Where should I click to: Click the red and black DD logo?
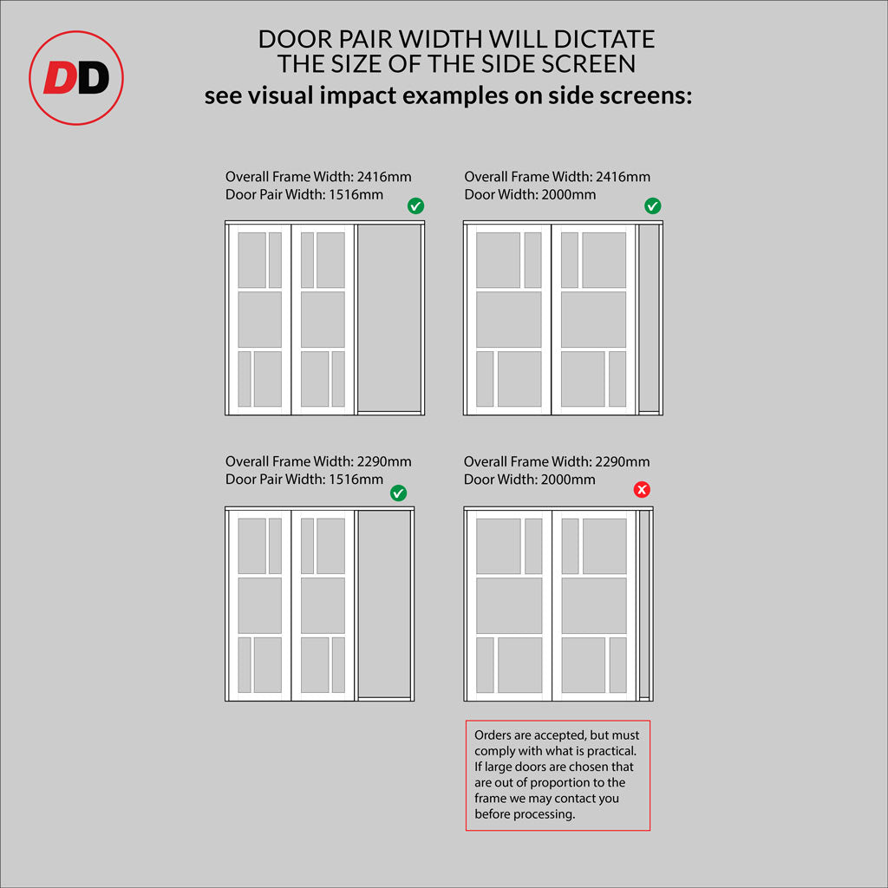coord(76,77)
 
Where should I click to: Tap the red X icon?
coord(642,489)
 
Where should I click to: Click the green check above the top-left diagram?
coord(415,206)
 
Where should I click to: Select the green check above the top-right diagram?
coord(652,206)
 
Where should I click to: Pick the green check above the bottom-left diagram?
coord(398,493)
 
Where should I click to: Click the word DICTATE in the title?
coord(604,39)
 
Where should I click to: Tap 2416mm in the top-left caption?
coord(384,177)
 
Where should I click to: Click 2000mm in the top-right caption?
coord(569,195)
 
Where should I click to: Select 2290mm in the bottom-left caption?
coord(384,461)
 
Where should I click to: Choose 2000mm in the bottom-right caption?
coord(568,480)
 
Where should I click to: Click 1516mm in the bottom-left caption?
coord(356,480)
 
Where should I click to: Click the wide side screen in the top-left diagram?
coord(389,317)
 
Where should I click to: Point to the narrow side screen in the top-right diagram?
coord(649,317)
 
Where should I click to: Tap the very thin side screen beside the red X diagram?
coord(644,604)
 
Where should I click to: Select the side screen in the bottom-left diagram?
coord(384,604)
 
